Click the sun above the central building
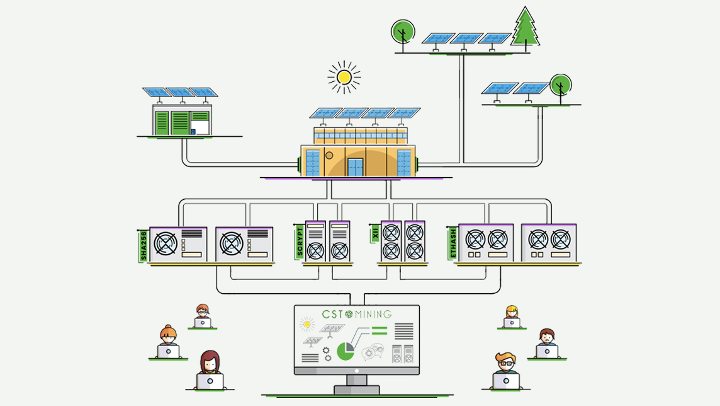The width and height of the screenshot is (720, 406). (344, 77)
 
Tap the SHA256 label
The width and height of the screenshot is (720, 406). (143, 246)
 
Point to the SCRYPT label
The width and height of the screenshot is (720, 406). (300, 241)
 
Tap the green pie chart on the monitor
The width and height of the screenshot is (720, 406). (345, 351)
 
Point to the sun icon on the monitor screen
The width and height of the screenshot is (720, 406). (307, 325)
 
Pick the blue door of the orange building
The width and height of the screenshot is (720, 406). (356, 167)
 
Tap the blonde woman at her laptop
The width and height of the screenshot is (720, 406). (512, 316)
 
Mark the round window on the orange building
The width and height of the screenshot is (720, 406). (329, 155)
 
